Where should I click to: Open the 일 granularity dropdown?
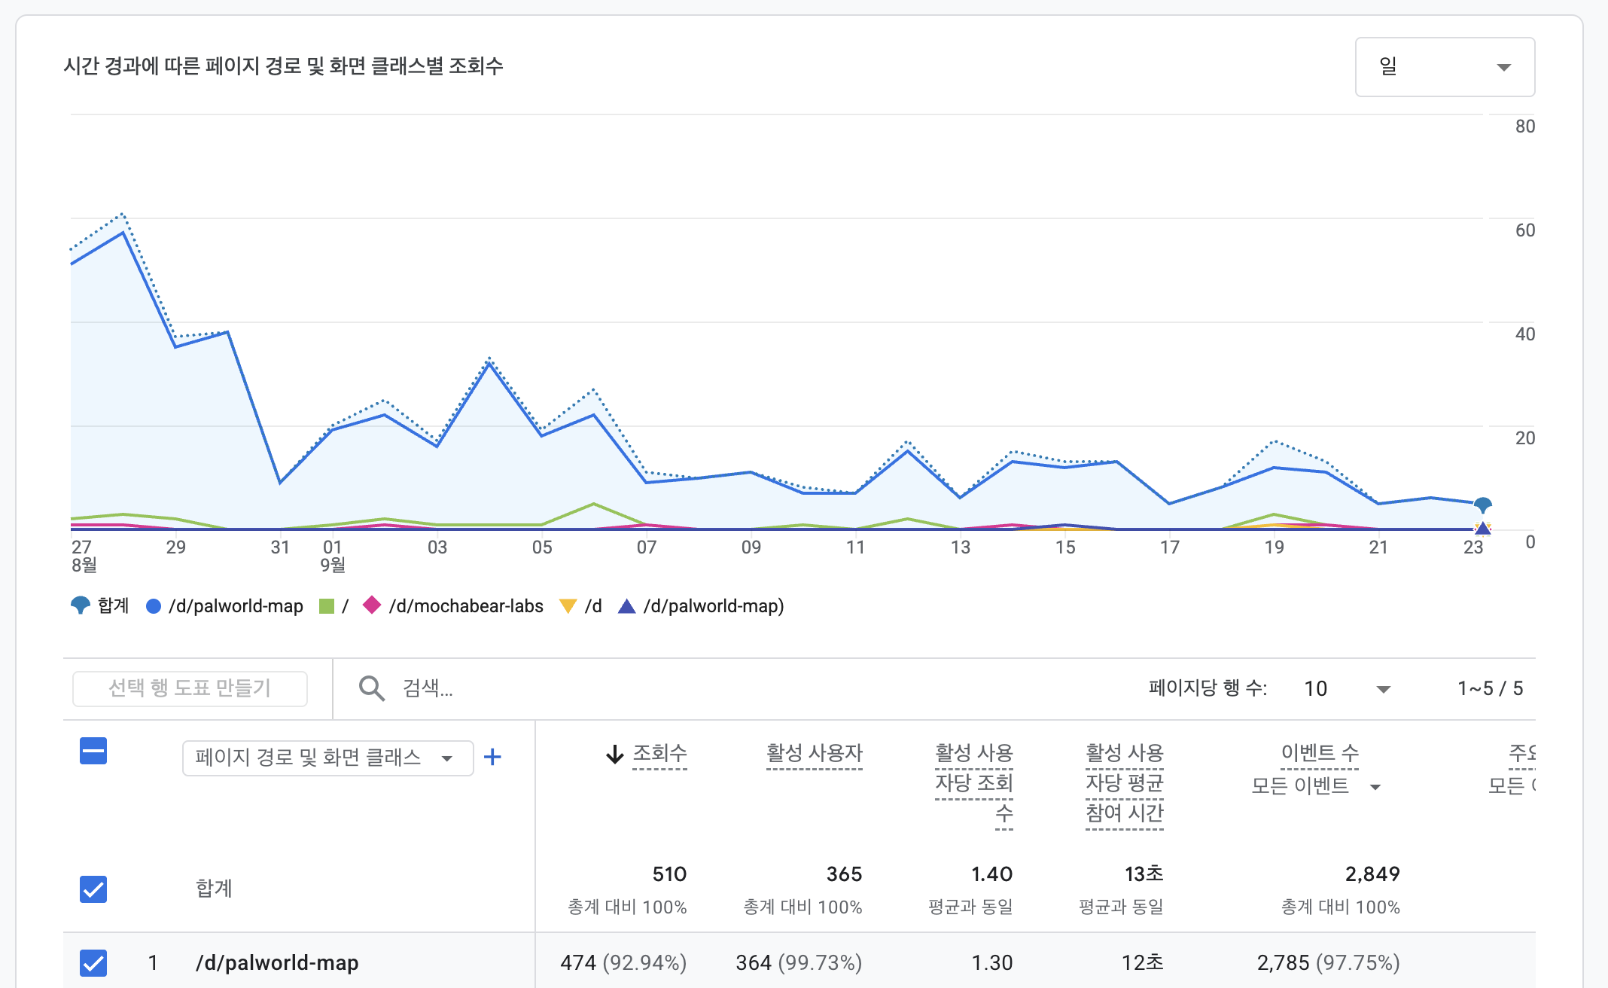click(1445, 67)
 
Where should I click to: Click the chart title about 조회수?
click(283, 66)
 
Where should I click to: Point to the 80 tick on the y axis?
click(1525, 127)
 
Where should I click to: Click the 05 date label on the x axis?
click(542, 547)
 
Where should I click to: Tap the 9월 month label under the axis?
click(333, 565)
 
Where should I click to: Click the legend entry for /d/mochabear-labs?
click(453, 606)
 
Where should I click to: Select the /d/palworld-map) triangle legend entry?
click(701, 606)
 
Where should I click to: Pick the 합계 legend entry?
click(99, 606)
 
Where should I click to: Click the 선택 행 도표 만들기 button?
click(190, 688)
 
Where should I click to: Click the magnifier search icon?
click(372, 688)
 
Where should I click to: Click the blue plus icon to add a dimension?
click(492, 757)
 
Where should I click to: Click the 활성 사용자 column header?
click(815, 754)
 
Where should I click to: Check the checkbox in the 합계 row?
click(93, 889)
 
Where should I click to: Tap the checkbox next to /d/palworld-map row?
click(93, 963)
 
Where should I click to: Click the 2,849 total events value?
click(1372, 874)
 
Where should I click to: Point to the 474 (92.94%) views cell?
click(623, 963)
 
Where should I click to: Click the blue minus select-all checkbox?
click(93, 751)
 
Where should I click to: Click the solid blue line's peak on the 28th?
click(123, 233)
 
